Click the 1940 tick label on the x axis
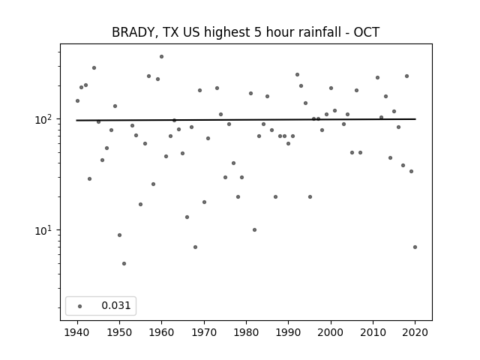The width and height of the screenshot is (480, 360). click(x=77, y=332)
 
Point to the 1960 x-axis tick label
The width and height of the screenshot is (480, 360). click(x=162, y=332)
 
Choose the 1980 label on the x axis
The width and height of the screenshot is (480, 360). click(x=246, y=332)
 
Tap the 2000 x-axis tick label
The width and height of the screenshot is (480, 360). click(x=331, y=332)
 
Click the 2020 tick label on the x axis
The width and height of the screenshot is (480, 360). click(x=415, y=332)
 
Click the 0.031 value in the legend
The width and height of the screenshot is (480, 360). click(x=116, y=305)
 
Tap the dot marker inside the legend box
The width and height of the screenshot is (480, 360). click(x=79, y=306)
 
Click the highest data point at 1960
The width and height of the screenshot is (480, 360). click(x=162, y=57)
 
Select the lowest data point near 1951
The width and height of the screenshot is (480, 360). click(x=124, y=263)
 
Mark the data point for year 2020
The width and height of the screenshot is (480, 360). click(x=415, y=247)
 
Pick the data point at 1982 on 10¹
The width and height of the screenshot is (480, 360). click(x=255, y=230)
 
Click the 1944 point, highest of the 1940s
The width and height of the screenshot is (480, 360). click(x=94, y=68)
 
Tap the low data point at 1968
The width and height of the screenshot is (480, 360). click(x=195, y=247)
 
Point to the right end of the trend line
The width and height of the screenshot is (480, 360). click(x=415, y=119)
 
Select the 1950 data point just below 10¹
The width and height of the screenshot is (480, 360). click(x=120, y=235)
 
